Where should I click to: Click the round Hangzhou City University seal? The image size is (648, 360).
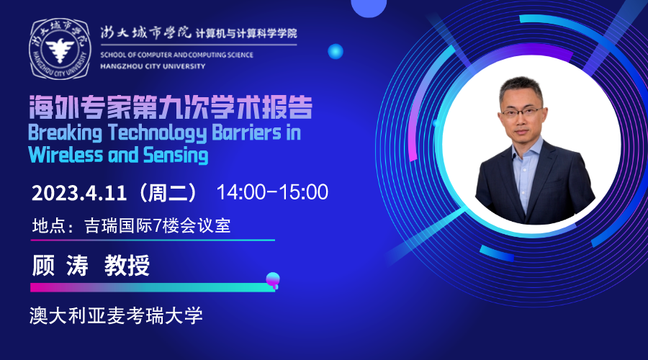(60, 49)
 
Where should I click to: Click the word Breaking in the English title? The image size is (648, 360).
(65, 133)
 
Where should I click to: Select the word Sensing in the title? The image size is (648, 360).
(176, 156)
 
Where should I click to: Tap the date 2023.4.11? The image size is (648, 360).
(79, 193)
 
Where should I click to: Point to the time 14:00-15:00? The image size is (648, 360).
(272, 192)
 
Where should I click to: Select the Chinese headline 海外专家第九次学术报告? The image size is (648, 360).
(171, 108)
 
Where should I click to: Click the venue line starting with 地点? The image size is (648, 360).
(132, 225)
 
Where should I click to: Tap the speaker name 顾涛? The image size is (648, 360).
(60, 266)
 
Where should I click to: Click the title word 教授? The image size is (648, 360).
(127, 266)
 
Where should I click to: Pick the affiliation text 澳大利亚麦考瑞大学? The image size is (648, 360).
(116, 315)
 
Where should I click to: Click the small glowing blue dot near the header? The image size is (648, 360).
(336, 51)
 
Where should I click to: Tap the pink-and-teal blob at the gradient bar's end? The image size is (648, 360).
(273, 280)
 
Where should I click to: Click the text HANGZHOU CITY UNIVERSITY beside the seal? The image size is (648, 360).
(153, 66)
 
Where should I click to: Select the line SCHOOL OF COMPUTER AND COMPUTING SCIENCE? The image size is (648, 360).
(177, 55)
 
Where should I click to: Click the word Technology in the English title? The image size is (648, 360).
(158, 133)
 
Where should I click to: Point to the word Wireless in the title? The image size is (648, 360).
(66, 156)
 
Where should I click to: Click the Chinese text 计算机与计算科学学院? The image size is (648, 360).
(247, 33)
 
